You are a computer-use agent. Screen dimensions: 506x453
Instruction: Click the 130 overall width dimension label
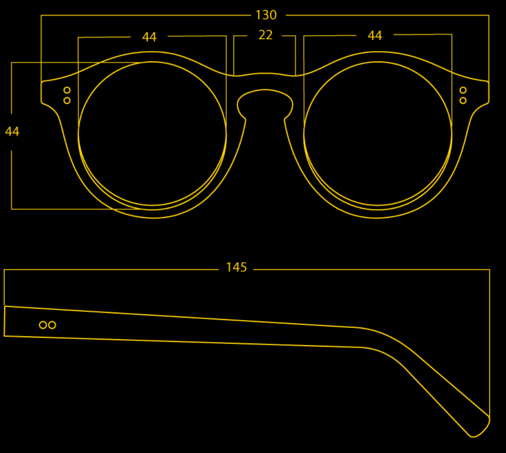(x=266, y=15)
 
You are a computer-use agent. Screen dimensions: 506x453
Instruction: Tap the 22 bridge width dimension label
(x=265, y=35)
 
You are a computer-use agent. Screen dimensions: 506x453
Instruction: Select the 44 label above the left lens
(x=149, y=37)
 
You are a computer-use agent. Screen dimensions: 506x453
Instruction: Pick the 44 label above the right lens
(x=375, y=36)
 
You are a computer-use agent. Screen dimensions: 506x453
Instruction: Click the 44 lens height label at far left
(x=12, y=132)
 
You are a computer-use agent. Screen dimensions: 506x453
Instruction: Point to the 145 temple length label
(x=236, y=267)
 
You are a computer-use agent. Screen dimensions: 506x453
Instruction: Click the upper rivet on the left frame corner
(x=67, y=90)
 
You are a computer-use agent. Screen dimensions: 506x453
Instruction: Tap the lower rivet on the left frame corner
(x=67, y=101)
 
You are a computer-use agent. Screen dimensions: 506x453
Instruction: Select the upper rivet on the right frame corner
(x=463, y=90)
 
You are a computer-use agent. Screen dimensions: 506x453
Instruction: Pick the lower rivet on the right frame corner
(x=463, y=101)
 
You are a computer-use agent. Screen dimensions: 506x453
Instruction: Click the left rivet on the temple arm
(x=43, y=325)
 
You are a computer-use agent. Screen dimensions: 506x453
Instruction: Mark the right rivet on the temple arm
(x=52, y=325)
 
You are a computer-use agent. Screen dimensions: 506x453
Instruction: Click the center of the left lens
(x=152, y=133)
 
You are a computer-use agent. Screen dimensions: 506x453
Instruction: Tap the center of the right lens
(x=378, y=133)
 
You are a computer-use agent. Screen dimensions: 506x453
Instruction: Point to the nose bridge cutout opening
(x=265, y=103)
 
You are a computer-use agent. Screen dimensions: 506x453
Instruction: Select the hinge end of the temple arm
(x=5, y=321)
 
